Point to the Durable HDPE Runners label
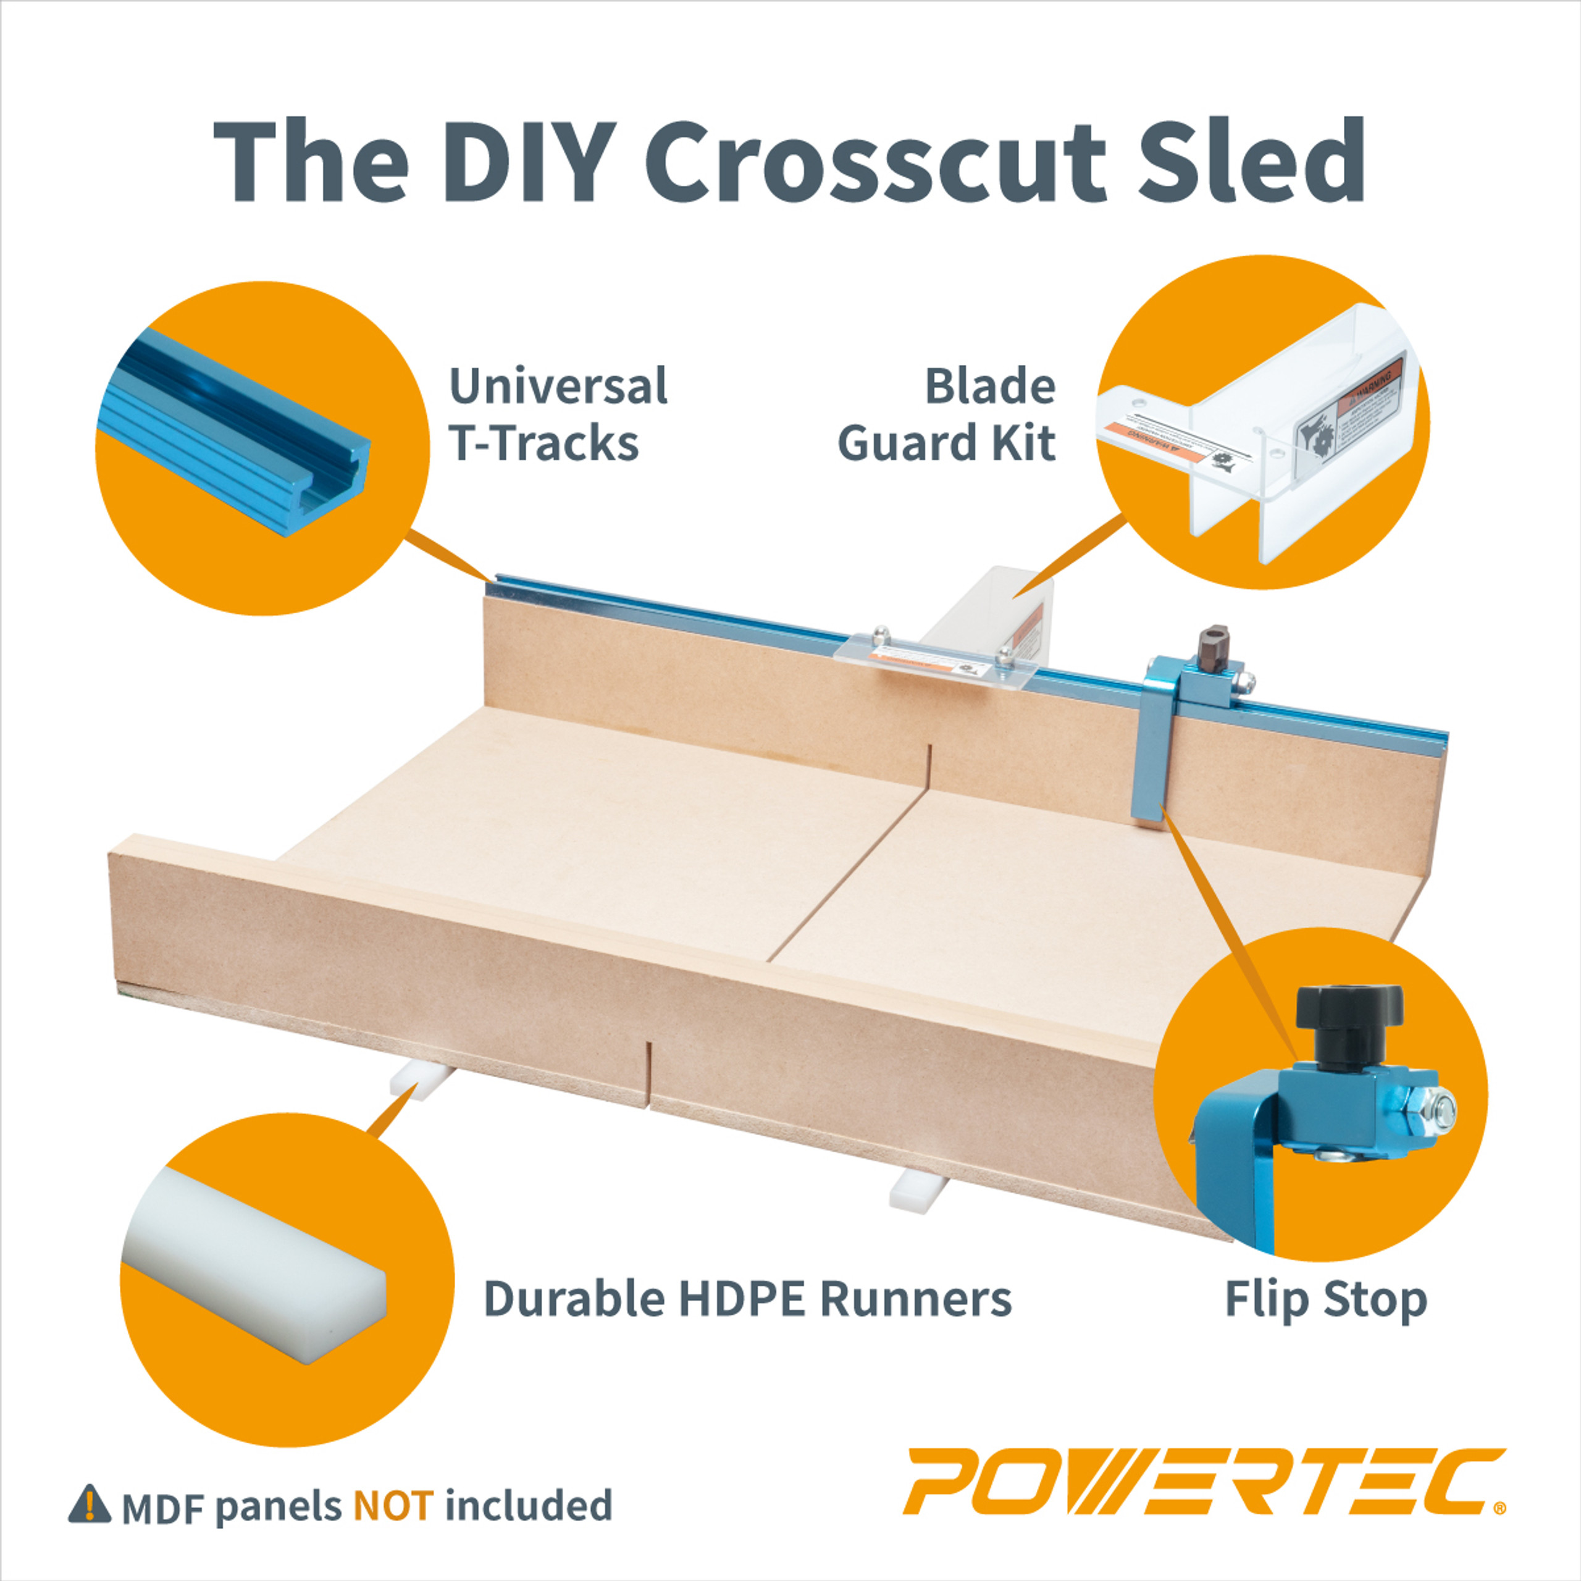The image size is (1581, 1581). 747,1299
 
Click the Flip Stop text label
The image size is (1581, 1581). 1326,1301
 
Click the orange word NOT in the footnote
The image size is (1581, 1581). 393,1506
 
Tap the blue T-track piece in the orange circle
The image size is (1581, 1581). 237,430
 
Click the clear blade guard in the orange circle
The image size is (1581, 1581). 1260,426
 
